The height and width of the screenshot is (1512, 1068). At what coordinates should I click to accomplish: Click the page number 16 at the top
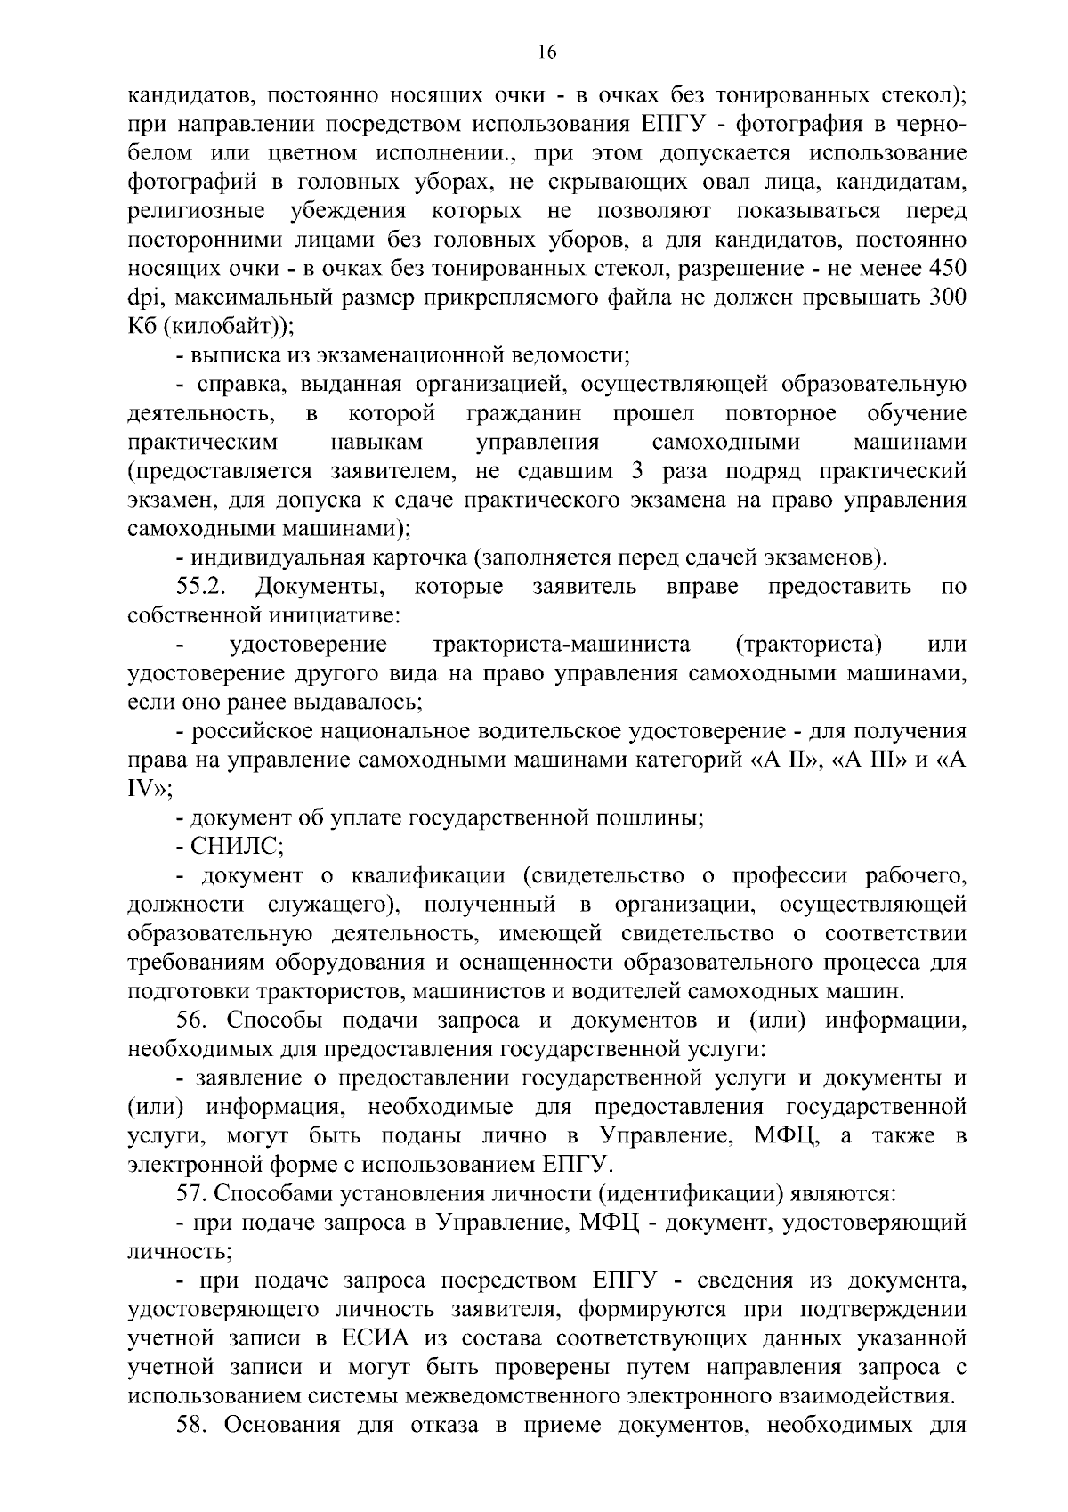point(546,53)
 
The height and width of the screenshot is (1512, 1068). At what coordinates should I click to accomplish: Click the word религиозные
point(197,212)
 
